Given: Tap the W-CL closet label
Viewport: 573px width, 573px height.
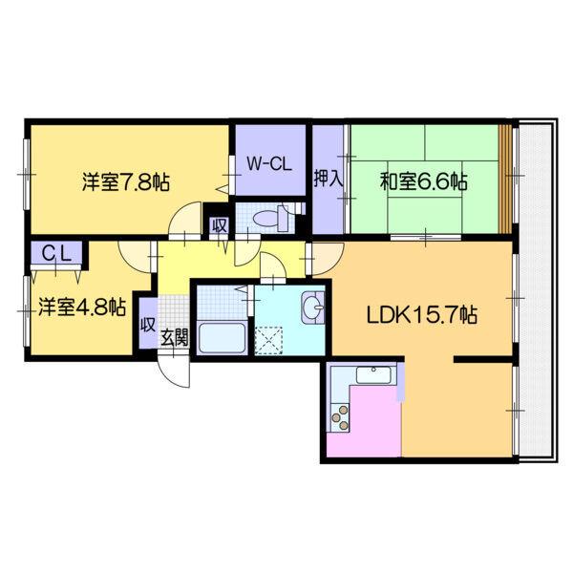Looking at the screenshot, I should point(268,163).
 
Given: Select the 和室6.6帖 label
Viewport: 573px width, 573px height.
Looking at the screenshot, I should point(423,180).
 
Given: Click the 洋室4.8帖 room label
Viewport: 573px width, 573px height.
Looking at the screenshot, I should point(83,308).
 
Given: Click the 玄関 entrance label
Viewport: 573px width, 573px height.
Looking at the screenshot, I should point(174,337).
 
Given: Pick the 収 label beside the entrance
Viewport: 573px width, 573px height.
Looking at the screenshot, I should point(148,324).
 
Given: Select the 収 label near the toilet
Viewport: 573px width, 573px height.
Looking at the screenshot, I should point(219,226).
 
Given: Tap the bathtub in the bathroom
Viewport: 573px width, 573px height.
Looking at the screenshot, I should point(220,337).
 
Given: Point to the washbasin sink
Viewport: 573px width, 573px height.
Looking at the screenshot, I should point(313,308).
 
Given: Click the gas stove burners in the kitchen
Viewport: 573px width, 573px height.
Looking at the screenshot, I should point(339,415).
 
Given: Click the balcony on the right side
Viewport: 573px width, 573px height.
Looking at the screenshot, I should point(535,286).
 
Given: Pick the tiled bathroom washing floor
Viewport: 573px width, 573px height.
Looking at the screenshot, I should point(219,303).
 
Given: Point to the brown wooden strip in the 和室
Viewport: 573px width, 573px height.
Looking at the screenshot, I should point(505,177).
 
